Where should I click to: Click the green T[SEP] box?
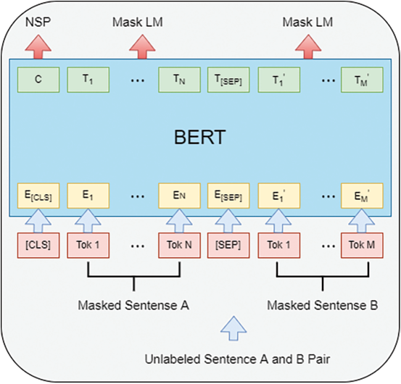tap(227, 79)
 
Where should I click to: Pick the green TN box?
tap(179, 79)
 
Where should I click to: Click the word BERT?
tap(200, 137)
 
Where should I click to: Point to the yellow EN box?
tap(179, 196)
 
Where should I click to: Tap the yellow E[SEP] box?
tap(227, 196)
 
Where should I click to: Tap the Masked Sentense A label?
tap(133, 306)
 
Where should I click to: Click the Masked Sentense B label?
tap(322, 306)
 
